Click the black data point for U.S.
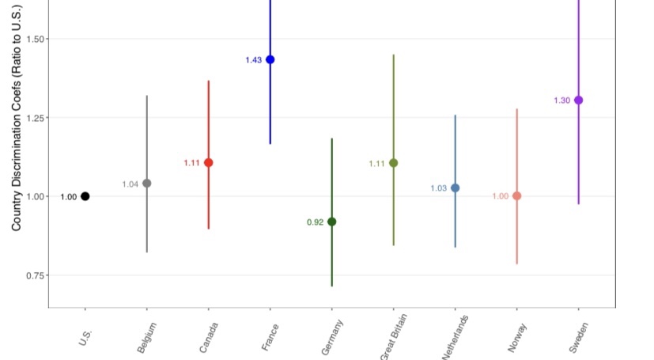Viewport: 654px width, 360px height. click(x=85, y=196)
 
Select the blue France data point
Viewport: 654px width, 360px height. click(x=270, y=59)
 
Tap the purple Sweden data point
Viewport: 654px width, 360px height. click(x=578, y=100)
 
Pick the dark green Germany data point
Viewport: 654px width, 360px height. click(x=332, y=222)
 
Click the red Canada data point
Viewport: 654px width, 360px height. click(x=209, y=162)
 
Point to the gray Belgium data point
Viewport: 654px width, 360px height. click(x=146, y=184)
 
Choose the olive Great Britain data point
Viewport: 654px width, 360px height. click(x=394, y=163)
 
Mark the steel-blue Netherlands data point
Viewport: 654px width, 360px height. click(x=456, y=188)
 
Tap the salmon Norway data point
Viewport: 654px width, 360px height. click(x=517, y=195)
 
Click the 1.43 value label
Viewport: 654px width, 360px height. click(x=253, y=60)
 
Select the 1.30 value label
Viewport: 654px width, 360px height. click(x=561, y=100)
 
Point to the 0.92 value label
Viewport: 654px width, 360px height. click(x=315, y=222)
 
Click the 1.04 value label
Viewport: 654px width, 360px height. click(x=130, y=184)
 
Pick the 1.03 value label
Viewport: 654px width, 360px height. click(x=438, y=188)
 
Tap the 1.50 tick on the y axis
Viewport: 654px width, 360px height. click(x=37, y=39)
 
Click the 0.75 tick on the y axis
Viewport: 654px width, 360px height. click(x=37, y=275)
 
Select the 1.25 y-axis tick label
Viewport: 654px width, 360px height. click(x=37, y=117)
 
